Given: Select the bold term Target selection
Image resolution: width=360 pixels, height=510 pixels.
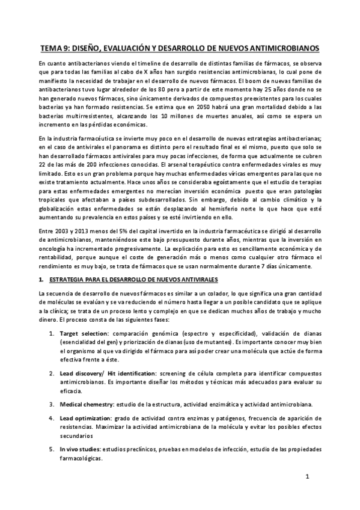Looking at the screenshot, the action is tap(84, 333).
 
